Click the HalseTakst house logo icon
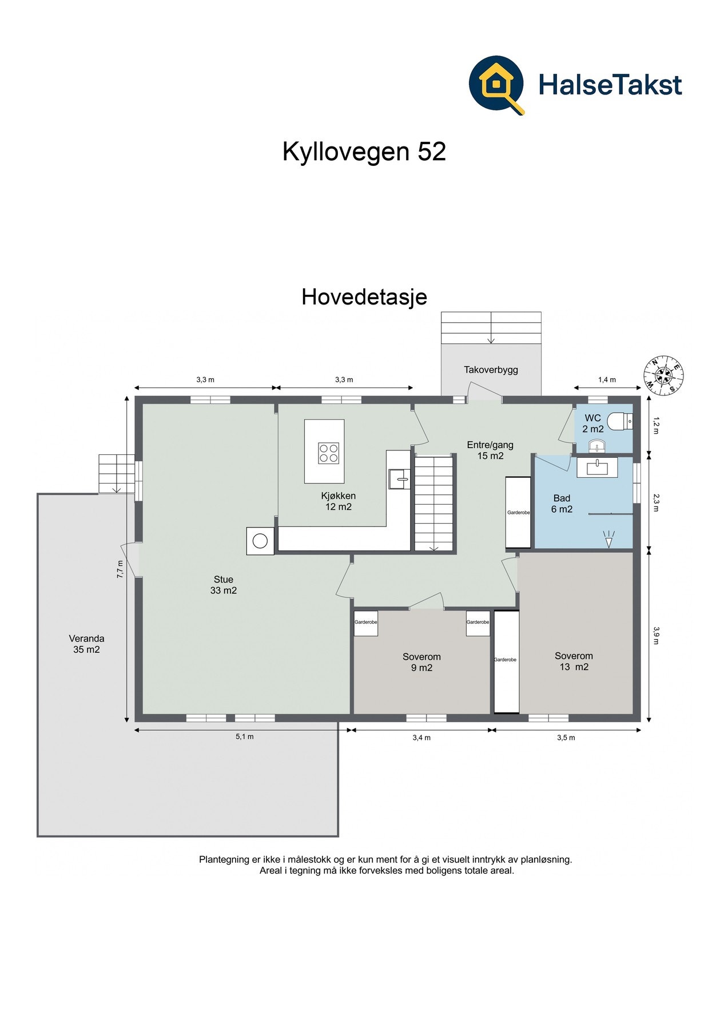496,85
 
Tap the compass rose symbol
664,375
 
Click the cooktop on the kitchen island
329,453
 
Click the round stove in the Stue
260,541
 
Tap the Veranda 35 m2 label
86,644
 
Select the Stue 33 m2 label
223,585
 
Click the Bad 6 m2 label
562,504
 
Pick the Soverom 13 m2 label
574,661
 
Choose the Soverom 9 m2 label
421,662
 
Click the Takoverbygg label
491,370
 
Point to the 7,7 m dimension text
120,569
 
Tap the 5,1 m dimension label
245,736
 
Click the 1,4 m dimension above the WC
607,379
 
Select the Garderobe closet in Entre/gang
519,513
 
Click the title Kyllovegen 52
364,152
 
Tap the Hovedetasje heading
364,297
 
